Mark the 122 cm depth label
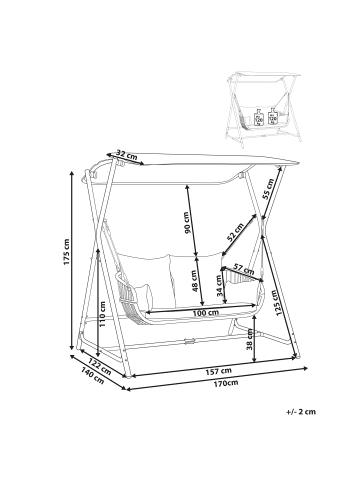pos(98,364)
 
